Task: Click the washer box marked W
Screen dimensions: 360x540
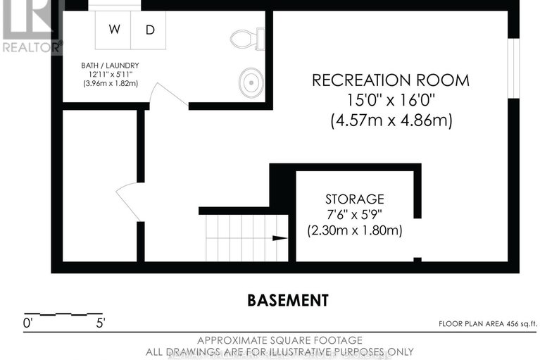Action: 113,30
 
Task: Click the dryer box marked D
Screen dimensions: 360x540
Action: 149,30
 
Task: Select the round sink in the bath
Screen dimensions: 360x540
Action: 249,82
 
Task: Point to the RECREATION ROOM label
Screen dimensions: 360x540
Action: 391,80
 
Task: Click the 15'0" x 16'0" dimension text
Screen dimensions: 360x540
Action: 391,100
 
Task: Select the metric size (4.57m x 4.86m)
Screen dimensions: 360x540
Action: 391,120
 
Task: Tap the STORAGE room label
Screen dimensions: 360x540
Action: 354,199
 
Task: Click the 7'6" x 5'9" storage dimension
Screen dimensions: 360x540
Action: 354,214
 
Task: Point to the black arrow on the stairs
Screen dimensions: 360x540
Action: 280,238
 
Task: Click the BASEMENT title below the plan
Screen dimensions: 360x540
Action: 288,300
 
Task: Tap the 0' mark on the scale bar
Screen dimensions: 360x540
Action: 27,323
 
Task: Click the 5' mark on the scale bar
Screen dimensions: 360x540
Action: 101,323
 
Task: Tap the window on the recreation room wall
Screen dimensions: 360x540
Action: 514,68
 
